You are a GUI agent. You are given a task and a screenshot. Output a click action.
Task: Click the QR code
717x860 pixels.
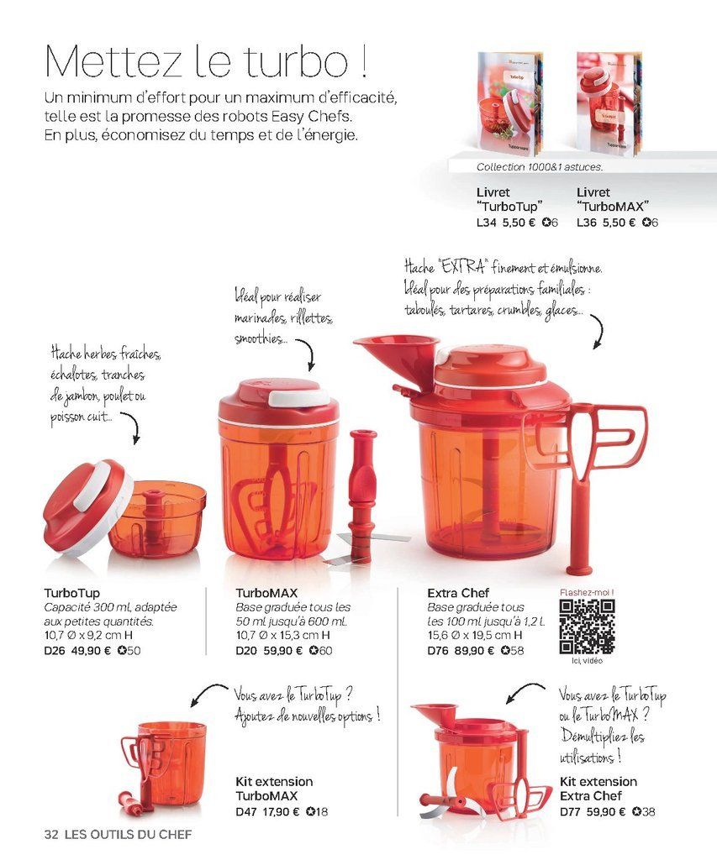pyautogui.click(x=587, y=627)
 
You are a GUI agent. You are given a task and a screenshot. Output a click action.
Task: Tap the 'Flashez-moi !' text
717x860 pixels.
pyautogui.click(x=587, y=592)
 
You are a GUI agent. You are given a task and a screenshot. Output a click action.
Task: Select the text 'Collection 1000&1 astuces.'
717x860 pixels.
pyautogui.click(x=539, y=167)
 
